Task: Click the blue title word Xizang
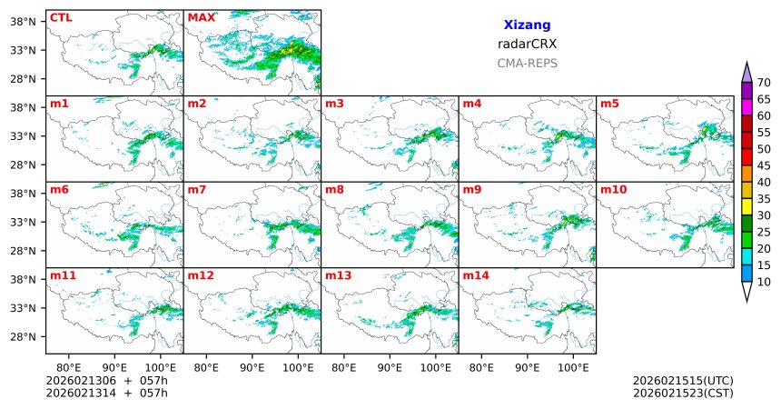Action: click(527, 25)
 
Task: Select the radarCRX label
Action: click(527, 44)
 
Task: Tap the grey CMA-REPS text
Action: click(527, 64)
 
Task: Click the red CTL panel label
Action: click(60, 17)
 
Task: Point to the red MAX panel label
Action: click(201, 17)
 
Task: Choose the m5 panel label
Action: click(608, 104)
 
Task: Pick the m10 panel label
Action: click(613, 189)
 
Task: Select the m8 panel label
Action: click(334, 189)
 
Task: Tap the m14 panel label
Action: click(475, 274)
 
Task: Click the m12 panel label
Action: click(200, 274)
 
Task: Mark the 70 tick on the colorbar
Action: click(764, 83)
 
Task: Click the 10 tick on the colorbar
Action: click(764, 283)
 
